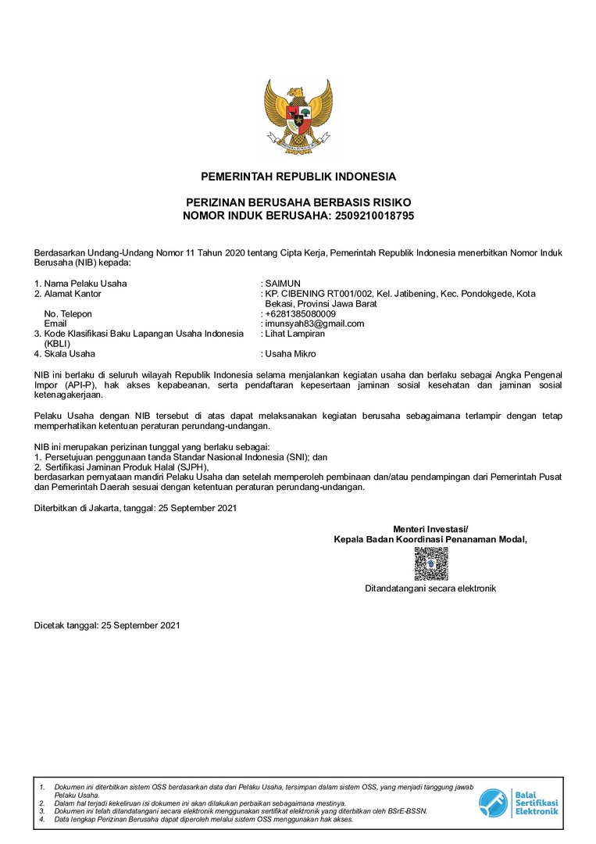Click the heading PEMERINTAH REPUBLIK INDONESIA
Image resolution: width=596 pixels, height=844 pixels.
click(298, 177)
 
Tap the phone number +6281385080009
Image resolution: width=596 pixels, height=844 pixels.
click(301, 313)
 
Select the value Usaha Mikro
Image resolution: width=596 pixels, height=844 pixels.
click(291, 354)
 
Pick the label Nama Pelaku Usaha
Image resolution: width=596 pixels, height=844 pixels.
click(85, 283)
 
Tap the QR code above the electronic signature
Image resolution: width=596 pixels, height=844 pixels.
click(430, 563)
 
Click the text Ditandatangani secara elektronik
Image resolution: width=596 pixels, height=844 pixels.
click(430, 588)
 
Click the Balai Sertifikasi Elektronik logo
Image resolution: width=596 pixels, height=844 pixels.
click(519, 803)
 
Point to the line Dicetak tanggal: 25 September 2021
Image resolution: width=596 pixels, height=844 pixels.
click(107, 626)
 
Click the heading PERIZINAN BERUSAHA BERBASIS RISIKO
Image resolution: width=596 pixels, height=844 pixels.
click(298, 202)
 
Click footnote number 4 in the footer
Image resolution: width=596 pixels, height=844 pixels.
click(43, 820)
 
